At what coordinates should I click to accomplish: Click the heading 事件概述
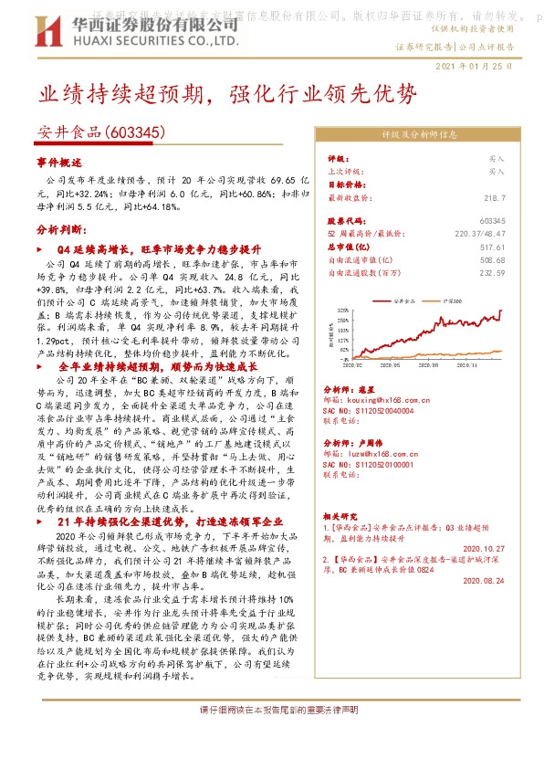coord(59,162)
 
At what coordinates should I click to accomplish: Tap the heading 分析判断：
coord(61,230)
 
